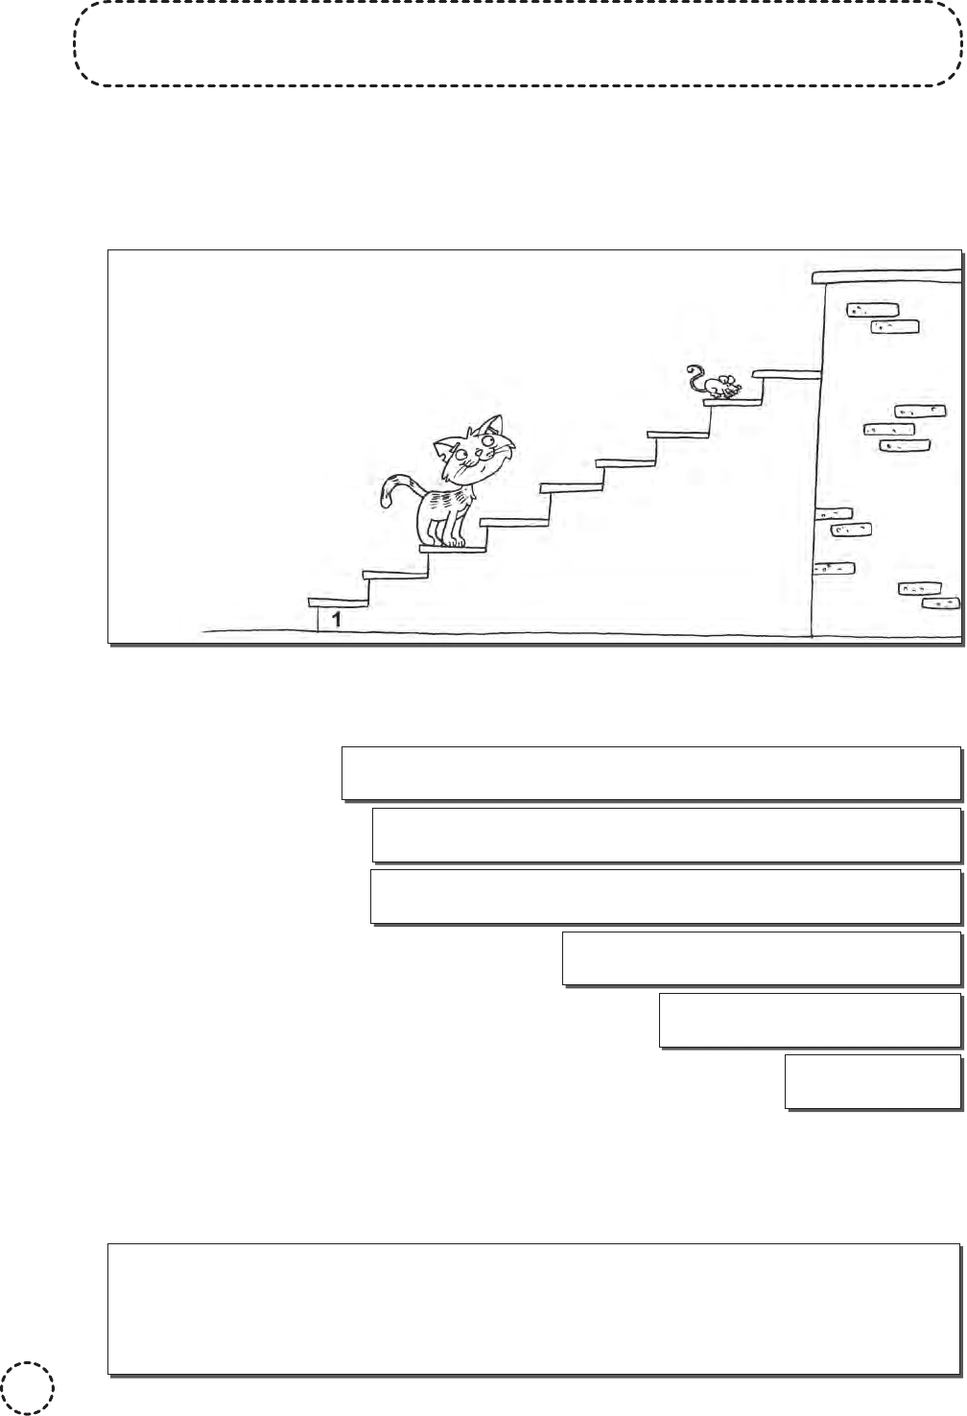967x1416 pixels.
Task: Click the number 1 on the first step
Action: pyautogui.click(x=336, y=619)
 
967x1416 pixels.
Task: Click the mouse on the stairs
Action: pyautogui.click(x=718, y=386)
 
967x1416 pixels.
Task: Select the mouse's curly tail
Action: pyautogui.click(x=695, y=377)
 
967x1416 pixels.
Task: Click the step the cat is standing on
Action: pyautogui.click(x=454, y=549)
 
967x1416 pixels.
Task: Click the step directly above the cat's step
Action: pyautogui.click(x=514, y=521)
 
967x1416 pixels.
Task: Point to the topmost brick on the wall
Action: pyautogui.click(x=871, y=310)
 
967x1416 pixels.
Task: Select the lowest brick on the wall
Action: pyautogui.click(x=940, y=603)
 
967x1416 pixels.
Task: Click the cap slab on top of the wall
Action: pyautogui.click(x=885, y=277)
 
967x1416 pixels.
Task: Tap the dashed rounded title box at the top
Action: pyautogui.click(x=518, y=44)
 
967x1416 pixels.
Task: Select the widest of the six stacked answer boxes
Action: pyautogui.click(x=651, y=772)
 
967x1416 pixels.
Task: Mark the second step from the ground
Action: pyautogui.click(x=395, y=575)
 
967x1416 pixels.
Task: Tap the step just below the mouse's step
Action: pyautogui.click(x=678, y=435)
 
